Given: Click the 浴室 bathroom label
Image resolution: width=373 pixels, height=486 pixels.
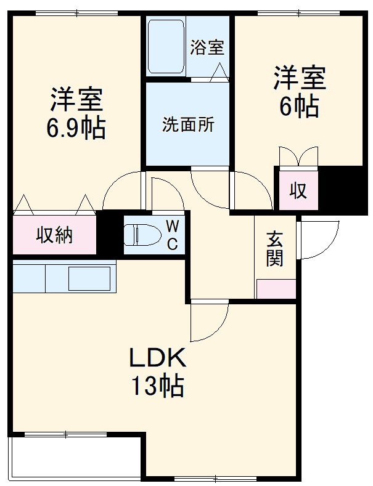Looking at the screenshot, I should (x=207, y=48).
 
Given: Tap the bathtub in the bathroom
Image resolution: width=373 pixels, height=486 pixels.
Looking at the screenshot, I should (x=166, y=46).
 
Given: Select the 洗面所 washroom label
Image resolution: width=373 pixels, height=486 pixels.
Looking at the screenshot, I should (x=188, y=124).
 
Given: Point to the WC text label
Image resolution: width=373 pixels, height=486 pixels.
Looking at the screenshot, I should (x=173, y=234).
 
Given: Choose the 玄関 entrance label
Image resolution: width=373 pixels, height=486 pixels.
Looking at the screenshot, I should (x=275, y=248).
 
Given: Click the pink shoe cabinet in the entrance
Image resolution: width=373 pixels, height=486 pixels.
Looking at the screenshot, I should (x=275, y=289).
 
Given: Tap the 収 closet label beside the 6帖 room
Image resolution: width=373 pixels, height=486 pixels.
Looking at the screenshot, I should (x=298, y=191).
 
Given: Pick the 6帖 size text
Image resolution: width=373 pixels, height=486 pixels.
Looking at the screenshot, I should (x=300, y=107).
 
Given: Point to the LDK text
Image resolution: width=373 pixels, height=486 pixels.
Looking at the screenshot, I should (x=157, y=357).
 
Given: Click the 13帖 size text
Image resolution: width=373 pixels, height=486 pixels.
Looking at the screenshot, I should (x=157, y=386).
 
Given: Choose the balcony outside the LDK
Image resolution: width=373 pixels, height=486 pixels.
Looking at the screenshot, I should (x=74, y=459).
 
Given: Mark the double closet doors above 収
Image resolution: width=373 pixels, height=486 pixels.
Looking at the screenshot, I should (x=298, y=156).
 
